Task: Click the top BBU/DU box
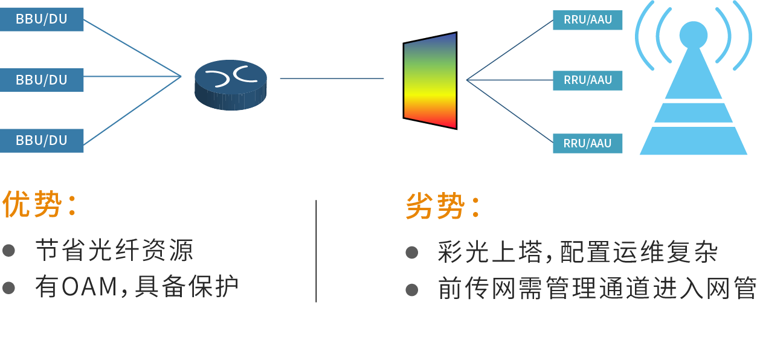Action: tap(41, 19)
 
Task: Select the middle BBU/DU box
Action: tap(41, 80)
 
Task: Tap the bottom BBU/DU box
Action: tap(41, 140)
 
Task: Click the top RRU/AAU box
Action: tap(587, 19)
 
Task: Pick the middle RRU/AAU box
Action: tap(587, 80)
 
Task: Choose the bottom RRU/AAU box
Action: tap(587, 143)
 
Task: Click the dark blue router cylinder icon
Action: tap(231, 84)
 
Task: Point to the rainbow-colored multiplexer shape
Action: tap(430, 80)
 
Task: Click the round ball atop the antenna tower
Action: tap(693, 36)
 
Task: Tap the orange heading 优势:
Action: tap(40, 205)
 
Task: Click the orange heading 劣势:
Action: tap(443, 207)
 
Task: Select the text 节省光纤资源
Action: tap(114, 250)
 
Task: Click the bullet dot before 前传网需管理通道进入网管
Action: tap(412, 290)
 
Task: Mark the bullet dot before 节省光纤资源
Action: tap(8, 250)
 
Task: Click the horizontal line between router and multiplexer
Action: tap(332, 79)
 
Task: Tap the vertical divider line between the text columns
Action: tap(316, 251)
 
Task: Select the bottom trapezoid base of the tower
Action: tap(693, 141)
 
